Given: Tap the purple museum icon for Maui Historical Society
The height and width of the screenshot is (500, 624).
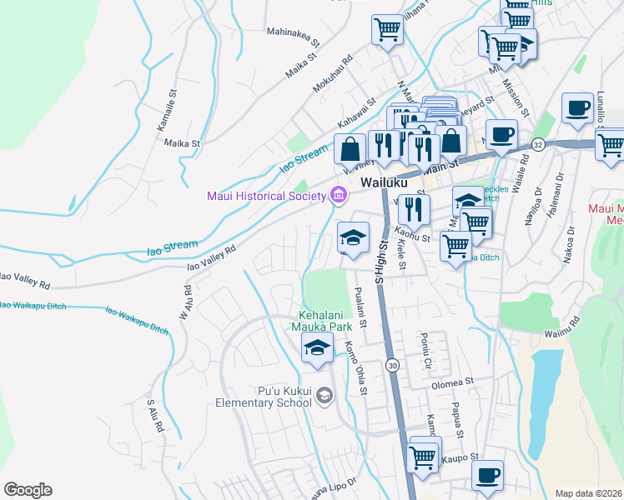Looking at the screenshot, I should (339, 196).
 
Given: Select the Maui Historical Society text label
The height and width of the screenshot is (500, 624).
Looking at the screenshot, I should (266, 196).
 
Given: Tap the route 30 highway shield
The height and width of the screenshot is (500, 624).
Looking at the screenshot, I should (391, 365).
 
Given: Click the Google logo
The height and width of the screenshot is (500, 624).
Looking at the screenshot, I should (28, 490).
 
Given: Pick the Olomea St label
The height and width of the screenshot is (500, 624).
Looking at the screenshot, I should (452, 385).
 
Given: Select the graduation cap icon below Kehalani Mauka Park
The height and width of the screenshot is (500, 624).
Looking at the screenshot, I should (317, 350).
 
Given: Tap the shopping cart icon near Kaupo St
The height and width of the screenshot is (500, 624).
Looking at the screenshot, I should (423, 456).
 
